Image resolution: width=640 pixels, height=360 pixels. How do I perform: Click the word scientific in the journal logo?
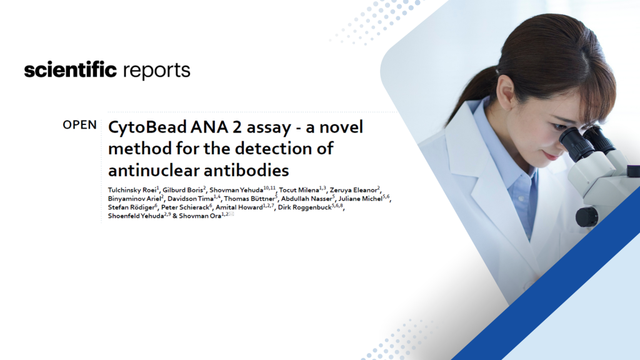[x=70, y=70]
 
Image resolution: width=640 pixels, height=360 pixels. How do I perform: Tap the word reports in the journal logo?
[x=156, y=71]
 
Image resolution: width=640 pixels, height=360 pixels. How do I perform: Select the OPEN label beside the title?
[x=79, y=125]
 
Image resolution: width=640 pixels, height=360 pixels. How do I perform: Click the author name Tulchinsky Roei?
[x=132, y=190]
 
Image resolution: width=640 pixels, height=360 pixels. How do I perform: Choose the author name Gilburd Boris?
[x=182, y=190]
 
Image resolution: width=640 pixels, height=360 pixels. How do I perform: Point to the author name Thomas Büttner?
[x=249, y=199]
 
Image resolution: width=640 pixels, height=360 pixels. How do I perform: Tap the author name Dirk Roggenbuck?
[x=305, y=207]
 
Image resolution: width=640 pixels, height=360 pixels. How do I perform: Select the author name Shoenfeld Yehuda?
[x=136, y=216]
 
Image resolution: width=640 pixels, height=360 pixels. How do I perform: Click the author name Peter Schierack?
[x=185, y=207]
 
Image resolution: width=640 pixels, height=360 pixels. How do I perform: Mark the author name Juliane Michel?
[x=361, y=199]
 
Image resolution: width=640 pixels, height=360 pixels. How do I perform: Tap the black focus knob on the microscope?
[x=587, y=217]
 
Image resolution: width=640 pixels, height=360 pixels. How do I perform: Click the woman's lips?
[x=551, y=156]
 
